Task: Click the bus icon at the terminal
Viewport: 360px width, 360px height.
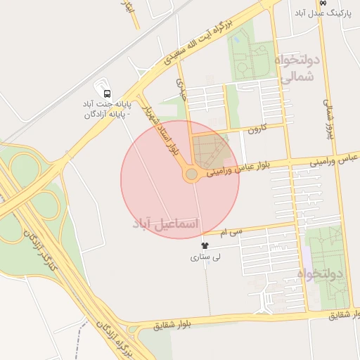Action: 106,93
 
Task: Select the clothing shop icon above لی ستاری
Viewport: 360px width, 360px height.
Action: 205,245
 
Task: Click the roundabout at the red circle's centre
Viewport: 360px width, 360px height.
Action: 191,174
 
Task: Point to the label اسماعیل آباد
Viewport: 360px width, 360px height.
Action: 166,223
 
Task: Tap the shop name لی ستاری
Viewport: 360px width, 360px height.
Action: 205,257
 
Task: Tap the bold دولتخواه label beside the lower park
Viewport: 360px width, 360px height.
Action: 319,273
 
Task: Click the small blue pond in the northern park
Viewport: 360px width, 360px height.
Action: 236,40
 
